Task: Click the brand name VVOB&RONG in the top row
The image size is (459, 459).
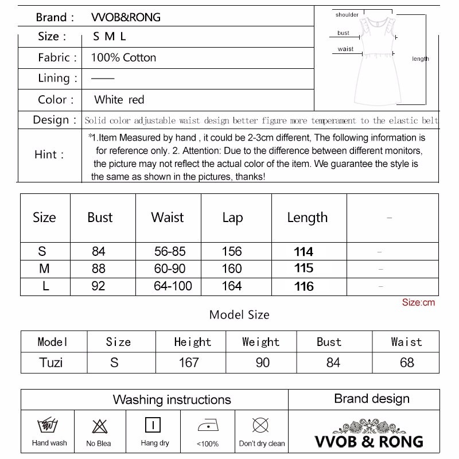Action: click(x=126, y=17)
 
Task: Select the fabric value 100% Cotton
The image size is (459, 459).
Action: click(x=123, y=57)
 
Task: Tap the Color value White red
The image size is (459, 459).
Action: click(x=119, y=100)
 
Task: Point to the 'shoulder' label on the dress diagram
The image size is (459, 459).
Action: click(x=347, y=15)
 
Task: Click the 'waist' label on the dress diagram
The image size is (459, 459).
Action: click(x=345, y=49)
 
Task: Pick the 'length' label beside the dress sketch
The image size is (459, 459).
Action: click(x=420, y=59)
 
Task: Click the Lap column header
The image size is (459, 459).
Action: click(x=232, y=218)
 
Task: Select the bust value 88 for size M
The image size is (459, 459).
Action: click(x=99, y=269)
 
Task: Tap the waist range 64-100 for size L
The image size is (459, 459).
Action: click(x=173, y=286)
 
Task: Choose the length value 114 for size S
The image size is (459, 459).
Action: click(x=304, y=252)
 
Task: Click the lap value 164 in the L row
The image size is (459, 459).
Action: click(x=232, y=286)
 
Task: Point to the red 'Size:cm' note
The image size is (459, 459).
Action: click(x=418, y=302)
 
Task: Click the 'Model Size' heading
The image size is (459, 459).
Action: click(x=239, y=314)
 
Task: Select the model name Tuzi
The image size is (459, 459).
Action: click(x=51, y=363)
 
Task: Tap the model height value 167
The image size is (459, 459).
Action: click(x=189, y=363)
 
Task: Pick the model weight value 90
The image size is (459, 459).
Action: click(x=262, y=363)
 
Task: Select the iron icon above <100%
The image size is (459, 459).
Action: click(x=207, y=426)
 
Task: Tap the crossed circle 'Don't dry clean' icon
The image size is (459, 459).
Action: click(x=261, y=426)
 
